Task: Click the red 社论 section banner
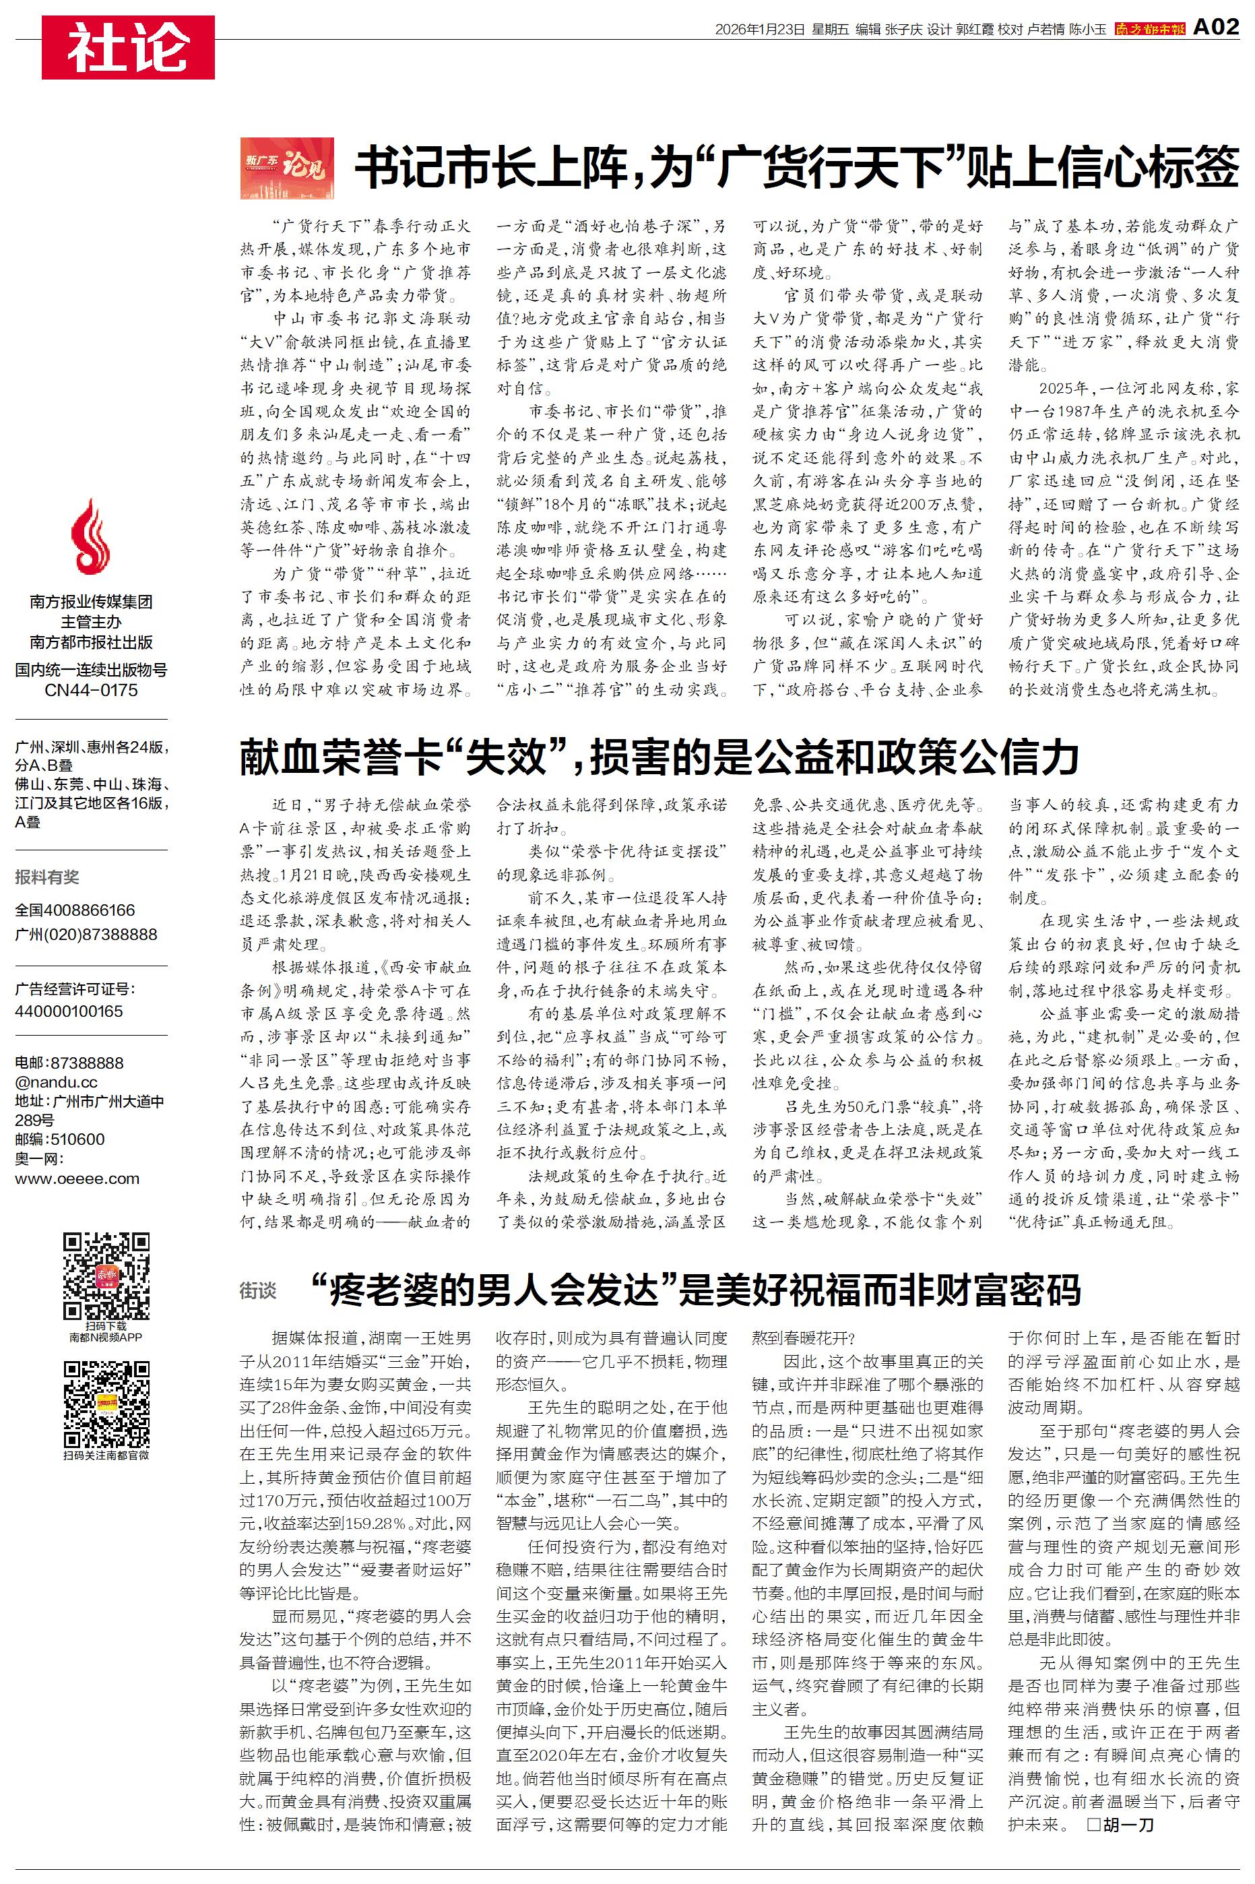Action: (128, 47)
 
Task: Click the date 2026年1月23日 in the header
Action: (759, 30)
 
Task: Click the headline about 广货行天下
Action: (796, 167)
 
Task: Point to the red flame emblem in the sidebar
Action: (90, 536)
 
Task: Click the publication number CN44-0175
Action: (90, 690)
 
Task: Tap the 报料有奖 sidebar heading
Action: (47, 877)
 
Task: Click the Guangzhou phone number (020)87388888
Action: (86, 934)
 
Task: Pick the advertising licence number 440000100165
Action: (69, 1011)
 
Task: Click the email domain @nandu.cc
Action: (56, 1082)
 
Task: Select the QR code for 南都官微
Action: (106, 1403)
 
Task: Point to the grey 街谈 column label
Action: (258, 1290)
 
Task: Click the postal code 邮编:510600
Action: (59, 1139)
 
